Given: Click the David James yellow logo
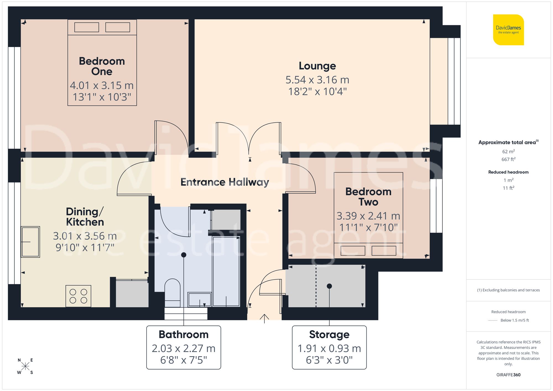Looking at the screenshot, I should coord(508,30).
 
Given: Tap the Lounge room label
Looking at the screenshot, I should coord(317,66).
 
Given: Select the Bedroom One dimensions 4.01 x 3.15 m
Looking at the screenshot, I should coord(102,85).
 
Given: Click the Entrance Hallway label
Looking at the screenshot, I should coord(225,182).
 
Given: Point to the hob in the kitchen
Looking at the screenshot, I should coord(78,296).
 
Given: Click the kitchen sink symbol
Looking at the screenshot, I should coord(30,242).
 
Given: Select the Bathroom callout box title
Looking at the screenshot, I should coord(184,334).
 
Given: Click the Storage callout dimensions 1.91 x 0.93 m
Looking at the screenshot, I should coord(329,348).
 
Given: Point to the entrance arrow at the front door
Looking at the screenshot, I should coord(264,318).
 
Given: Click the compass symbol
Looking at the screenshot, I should coord(25,366).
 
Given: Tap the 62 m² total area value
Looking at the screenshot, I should coord(508,151).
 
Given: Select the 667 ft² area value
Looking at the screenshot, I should coord(508,159).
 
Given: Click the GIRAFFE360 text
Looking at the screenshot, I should coord(508,375).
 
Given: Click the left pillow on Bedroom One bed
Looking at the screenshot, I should coord(87,27).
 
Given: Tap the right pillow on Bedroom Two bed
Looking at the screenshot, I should coord(384,251).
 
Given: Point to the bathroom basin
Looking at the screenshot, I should coord(199,300).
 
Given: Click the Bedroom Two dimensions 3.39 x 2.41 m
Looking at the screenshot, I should coord(368,216).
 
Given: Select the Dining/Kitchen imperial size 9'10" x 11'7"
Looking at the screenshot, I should coord(85,248).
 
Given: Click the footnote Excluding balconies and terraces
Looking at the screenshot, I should coord(508,290).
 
